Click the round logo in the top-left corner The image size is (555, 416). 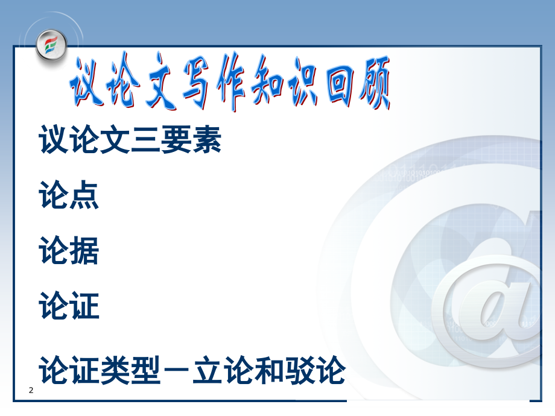(51, 45)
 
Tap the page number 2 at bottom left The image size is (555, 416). (31, 391)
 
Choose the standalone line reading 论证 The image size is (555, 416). (69, 306)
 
